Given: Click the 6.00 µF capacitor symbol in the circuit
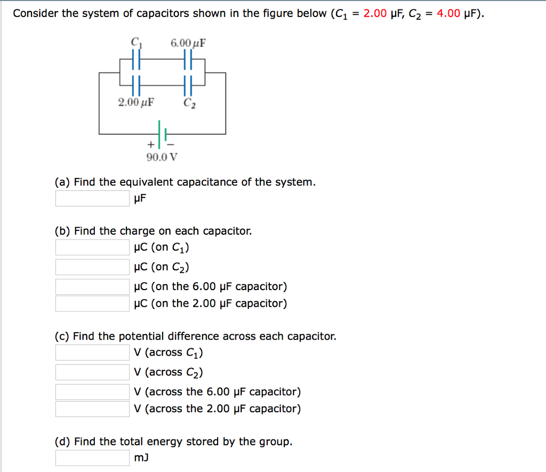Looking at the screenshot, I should click(188, 59).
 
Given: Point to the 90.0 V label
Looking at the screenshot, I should click(162, 157).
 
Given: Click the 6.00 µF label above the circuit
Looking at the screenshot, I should click(188, 42).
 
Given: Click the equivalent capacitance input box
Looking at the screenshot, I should click(92, 198).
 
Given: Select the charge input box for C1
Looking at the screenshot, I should click(92, 247).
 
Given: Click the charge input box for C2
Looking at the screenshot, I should click(92, 267).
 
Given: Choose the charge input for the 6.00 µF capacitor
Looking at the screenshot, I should click(92, 287).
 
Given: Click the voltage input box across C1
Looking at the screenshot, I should click(92, 353).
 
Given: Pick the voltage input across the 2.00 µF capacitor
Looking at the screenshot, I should click(92, 409).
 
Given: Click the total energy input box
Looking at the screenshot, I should click(92, 458).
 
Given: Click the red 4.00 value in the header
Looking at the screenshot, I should click(448, 13).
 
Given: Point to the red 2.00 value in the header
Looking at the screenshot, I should click(375, 13).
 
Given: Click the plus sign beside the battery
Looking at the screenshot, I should click(151, 145).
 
